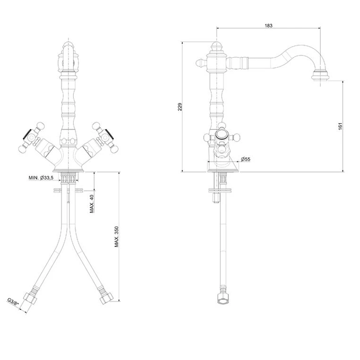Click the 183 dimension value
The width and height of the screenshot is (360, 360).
tap(268, 25)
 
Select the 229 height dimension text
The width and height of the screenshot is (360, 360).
tap(180, 107)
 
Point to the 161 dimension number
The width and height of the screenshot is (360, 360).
tap(340, 126)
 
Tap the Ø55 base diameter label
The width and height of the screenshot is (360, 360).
tap(246, 159)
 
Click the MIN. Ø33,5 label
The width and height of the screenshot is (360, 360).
tap(41, 178)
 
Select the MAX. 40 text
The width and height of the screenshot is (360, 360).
tap(92, 204)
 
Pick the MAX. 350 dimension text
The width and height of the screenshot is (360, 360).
tap(117, 237)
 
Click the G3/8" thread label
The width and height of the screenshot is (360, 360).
tap(13, 302)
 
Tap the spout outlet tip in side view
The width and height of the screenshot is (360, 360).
tap(320, 76)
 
